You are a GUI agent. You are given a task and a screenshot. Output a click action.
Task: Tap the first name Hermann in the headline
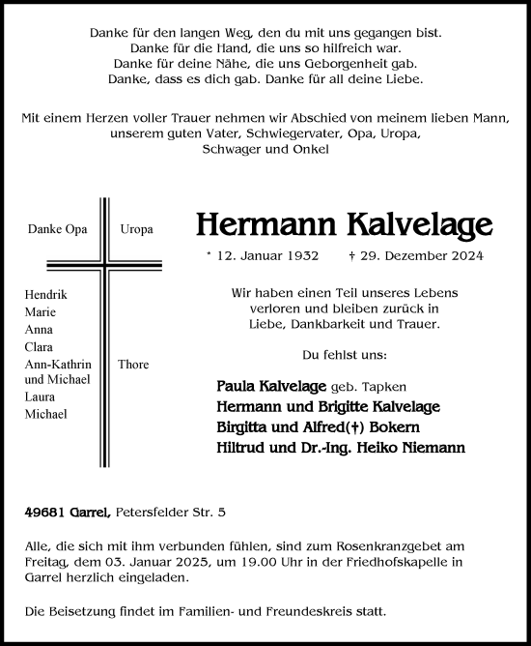coord(257,223)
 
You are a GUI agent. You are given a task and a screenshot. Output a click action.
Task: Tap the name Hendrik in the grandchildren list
coord(49,293)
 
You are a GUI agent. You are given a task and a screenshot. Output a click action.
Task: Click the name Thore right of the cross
coord(133,365)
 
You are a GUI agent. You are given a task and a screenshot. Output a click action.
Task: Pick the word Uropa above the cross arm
coord(135,231)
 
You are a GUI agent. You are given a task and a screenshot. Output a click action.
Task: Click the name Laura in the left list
coord(43,396)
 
